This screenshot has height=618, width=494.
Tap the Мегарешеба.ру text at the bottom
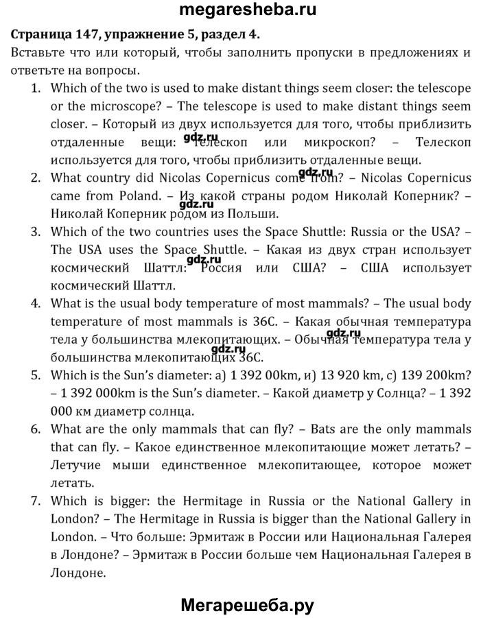247,604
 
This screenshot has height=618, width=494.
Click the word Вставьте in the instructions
39,52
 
